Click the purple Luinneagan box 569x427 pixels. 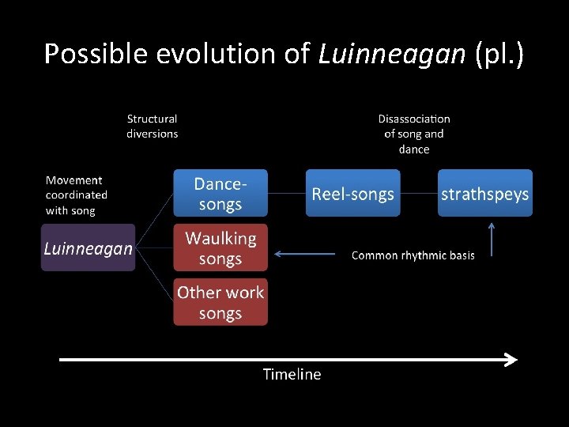[88, 248]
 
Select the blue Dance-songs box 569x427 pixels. [220, 193]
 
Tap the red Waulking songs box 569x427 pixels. [220, 248]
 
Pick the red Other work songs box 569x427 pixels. [220, 302]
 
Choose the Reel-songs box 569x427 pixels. [352, 193]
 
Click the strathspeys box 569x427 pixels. [485, 193]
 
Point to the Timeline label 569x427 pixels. [292, 375]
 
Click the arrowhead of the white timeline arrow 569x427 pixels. [511, 360]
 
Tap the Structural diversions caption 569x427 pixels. [153, 127]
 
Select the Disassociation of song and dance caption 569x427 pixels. [414, 134]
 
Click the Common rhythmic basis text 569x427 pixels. [413, 255]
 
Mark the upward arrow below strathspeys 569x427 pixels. [492, 239]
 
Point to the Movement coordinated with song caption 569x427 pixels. [77, 195]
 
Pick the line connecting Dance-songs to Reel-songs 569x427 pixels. [287, 193]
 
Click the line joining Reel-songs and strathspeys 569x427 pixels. [419, 193]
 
